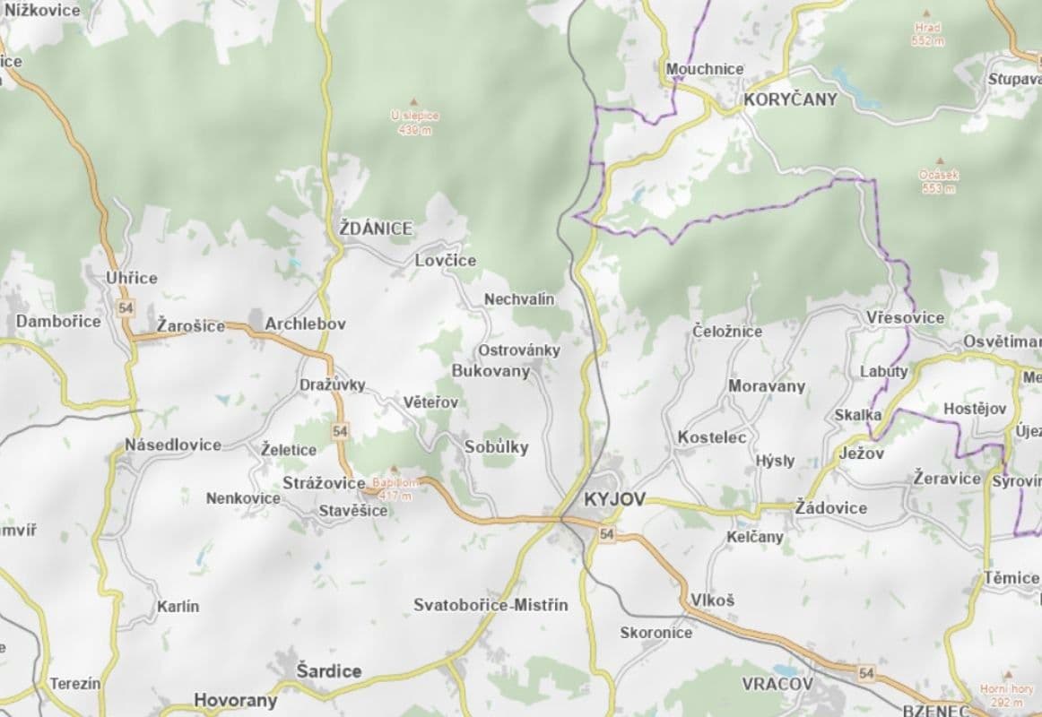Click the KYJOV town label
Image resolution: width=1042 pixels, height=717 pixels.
coord(614,499)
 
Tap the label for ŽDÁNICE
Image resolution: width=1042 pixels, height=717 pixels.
coord(377,229)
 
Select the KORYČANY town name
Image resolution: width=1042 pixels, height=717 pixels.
coord(790,99)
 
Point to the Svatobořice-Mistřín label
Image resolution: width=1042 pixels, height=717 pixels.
coord(491,605)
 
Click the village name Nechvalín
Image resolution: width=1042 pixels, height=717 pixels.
coord(519,298)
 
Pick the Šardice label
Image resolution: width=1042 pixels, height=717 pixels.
coord(329,670)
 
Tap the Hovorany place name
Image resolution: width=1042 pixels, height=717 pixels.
coord(236,700)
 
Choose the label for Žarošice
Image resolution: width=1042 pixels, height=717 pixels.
coord(191,324)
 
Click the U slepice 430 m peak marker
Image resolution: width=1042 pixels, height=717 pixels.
coord(413,101)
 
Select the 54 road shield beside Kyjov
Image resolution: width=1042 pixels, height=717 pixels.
coord(608,534)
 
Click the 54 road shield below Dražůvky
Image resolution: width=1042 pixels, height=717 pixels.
coord(339,431)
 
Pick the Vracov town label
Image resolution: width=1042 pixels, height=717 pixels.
coord(777,684)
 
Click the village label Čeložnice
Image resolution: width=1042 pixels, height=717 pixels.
coord(727,331)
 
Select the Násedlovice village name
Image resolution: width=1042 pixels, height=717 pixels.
coord(173,445)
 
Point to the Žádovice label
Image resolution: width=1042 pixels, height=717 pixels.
coord(831,508)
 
